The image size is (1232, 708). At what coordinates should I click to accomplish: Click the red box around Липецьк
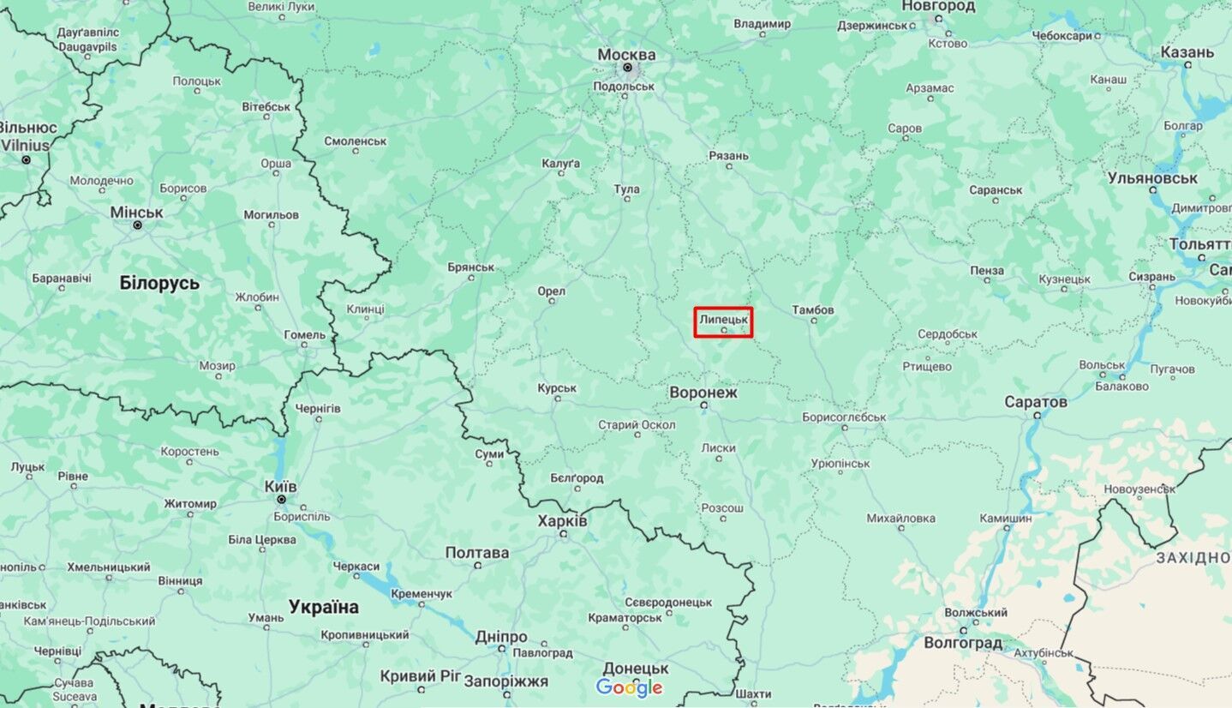pos(723,322)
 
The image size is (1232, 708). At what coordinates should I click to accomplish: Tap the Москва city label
pos(626,55)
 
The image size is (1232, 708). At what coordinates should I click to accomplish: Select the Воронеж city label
pos(703,393)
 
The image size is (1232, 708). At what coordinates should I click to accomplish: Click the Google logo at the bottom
pos(629,687)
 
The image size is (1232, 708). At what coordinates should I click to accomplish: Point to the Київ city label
pos(281,486)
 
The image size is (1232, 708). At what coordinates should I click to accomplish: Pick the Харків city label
pos(563,520)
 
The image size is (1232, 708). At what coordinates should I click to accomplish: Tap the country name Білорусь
pos(159,283)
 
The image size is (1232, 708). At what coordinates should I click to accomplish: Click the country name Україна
pos(324,607)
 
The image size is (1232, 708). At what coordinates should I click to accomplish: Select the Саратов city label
pos(1037,401)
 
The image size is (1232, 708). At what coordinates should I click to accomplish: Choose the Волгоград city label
pos(963,642)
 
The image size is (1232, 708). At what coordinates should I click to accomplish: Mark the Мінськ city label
pos(136,212)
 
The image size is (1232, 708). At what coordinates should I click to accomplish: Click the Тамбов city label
pos(813,309)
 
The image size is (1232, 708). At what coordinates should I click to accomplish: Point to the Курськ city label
pos(557,388)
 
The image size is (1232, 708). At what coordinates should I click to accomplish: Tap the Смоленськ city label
pos(356,141)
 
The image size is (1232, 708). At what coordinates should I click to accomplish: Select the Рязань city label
pos(728,155)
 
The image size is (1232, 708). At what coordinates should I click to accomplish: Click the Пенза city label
pos(987,270)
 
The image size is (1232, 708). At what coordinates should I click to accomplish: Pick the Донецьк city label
pos(635,668)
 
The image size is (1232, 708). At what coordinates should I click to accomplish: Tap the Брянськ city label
pos(470,267)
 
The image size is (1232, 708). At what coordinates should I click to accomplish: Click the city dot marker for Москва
pos(627,68)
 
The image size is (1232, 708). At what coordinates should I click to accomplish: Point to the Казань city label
pos(1187,52)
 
